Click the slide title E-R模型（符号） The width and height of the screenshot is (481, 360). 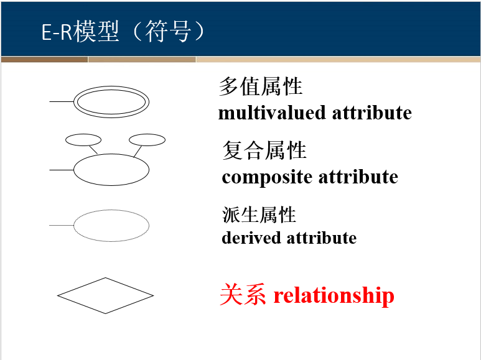coord(123,31)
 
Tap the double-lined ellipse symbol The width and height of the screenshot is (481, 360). coord(111,101)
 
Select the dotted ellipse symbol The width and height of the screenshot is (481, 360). coord(111,225)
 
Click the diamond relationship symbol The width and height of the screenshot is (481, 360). coord(105,295)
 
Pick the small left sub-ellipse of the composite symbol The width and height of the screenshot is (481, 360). coord(83,140)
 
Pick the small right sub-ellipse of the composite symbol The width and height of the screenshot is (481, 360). coord(147,140)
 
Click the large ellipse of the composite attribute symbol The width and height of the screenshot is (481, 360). coord(111,169)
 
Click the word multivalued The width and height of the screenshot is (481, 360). coord(272,113)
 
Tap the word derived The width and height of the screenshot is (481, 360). coord(251,238)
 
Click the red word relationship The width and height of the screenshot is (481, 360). coord(334,295)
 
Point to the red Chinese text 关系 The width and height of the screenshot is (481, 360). coord(243,295)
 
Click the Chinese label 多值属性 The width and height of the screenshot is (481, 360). coord(260,86)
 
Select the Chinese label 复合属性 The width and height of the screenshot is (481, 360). coord(264,150)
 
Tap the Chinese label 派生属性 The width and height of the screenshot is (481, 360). coord(259,215)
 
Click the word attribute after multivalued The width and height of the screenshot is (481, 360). coord(371,113)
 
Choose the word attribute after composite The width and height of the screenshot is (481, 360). coord(358,177)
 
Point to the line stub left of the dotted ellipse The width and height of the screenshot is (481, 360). coord(61,225)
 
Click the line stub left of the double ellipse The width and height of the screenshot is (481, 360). coord(62,101)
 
